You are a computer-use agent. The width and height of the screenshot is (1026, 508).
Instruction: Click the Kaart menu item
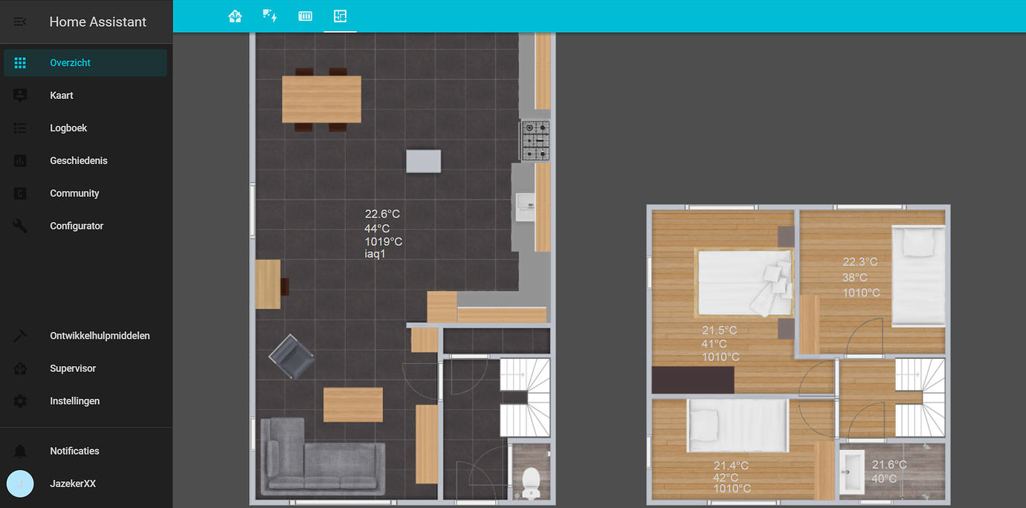coord(61,95)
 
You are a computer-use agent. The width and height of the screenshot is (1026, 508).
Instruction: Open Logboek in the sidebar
coord(68,128)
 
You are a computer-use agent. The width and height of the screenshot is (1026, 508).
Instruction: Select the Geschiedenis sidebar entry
coord(78,160)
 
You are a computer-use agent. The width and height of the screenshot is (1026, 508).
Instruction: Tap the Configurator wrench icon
coord(20,226)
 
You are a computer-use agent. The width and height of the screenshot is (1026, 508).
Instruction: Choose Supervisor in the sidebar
coord(72,368)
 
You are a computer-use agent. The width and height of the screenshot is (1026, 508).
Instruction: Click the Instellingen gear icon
coord(20,401)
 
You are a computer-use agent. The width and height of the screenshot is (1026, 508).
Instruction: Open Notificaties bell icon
coord(20,451)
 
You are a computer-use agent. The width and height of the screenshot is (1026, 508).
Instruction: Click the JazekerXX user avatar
coord(20,483)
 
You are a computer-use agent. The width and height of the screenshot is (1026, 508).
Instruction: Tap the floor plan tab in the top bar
coord(340,16)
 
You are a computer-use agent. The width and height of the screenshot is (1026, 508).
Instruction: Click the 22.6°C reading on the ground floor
coord(382,214)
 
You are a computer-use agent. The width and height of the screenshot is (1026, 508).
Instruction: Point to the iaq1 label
coord(375,255)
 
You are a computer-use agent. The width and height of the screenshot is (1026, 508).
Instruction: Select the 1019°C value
coord(383,241)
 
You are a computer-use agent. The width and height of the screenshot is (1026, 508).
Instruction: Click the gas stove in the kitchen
coord(535,140)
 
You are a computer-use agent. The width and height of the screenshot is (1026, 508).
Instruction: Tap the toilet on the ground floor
coord(531,482)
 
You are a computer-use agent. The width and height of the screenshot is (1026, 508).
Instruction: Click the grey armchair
coord(291,357)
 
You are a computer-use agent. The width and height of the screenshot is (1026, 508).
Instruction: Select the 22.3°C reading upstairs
coord(859,262)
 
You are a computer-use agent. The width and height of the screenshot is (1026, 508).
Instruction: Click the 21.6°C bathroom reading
coord(888,465)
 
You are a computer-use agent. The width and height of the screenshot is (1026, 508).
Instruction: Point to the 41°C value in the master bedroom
coord(714,344)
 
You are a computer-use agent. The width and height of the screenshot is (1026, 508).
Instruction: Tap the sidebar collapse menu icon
coord(20,22)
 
